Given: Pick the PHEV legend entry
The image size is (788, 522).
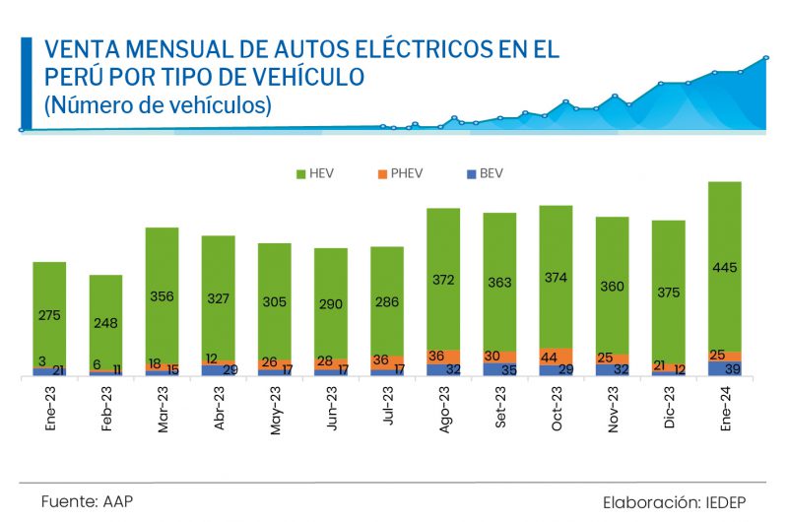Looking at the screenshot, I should (x=400, y=174).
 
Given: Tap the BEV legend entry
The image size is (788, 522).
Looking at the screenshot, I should (x=484, y=174).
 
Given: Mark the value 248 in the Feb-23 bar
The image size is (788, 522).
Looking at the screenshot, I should (x=106, y=322).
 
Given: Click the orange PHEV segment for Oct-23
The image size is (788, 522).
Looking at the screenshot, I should (x=557, y=357).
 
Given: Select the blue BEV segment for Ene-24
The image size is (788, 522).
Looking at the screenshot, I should (x=725, y=368).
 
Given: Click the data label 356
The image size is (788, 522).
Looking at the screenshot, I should (x=163, y=296).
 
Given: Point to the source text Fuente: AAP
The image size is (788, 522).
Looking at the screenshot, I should (x=87, y=501).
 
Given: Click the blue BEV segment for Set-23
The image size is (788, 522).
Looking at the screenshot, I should (x=499, y=369).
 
